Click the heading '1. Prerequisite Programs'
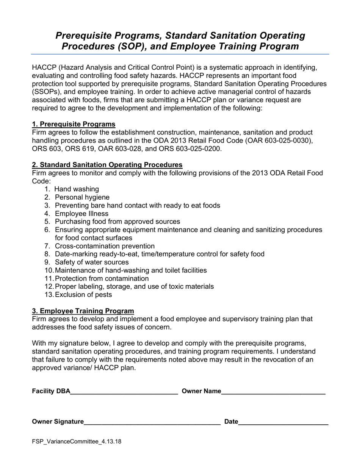coord(74,124)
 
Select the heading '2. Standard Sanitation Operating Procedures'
coord(107,165)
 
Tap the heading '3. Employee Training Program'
coord(83,311)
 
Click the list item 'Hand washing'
coord(77,189)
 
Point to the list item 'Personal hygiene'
coord(82,197)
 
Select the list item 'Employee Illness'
coord(81,214)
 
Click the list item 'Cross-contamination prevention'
coord(105,246)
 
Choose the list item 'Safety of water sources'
coord(92,262)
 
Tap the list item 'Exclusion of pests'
coord(83,295)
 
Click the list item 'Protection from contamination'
coord(102,278)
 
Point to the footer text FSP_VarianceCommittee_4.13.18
coord(77,441)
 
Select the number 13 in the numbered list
coord(49,295)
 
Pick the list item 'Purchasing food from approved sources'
coord(117,222)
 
